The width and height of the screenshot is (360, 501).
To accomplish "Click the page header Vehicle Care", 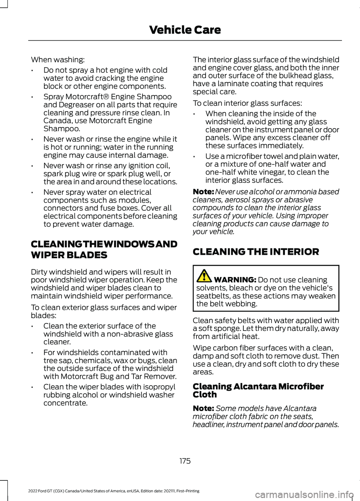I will [x=185, y=30].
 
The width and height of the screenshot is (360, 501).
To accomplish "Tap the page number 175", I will [x=185, y=461].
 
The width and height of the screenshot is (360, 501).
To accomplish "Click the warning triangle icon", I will [x=204, y=276].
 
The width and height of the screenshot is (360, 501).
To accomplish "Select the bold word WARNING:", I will [x=235, y=280].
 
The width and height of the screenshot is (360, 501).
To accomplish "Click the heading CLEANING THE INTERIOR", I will [x=256, y=252].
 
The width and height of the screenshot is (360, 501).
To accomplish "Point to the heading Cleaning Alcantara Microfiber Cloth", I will [x=258, y=390].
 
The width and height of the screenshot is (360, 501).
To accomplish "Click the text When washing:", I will [x=58, y=60].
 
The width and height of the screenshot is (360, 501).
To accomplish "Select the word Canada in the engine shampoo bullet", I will [x=56, y=121].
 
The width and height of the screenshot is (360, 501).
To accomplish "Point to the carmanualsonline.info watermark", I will [x=303, y=494].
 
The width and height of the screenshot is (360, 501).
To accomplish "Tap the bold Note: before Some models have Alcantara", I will [x=203, y=408].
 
